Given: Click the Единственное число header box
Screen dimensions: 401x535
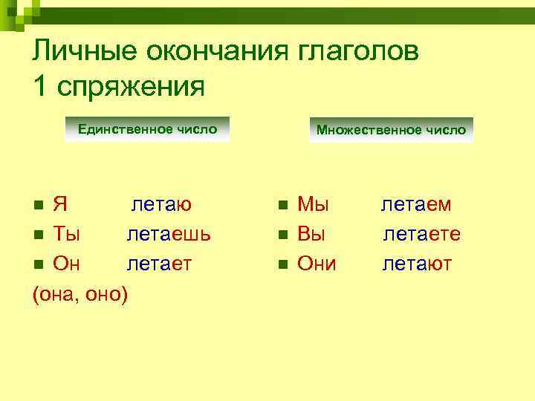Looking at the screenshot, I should point(147,129).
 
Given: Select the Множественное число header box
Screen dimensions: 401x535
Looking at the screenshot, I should point(391,130).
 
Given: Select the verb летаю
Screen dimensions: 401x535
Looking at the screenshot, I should point(162,204).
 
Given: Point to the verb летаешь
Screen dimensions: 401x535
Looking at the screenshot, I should point(169,234).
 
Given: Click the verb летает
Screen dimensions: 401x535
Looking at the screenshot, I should point(159,263).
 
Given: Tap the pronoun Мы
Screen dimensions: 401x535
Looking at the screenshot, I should point(313,204).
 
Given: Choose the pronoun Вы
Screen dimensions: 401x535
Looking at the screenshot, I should point(312,234).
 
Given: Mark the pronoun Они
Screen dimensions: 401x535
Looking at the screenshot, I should point(317,263).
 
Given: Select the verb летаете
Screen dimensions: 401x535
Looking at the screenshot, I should point(421,234).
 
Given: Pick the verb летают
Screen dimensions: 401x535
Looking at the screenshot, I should point(417,263).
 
